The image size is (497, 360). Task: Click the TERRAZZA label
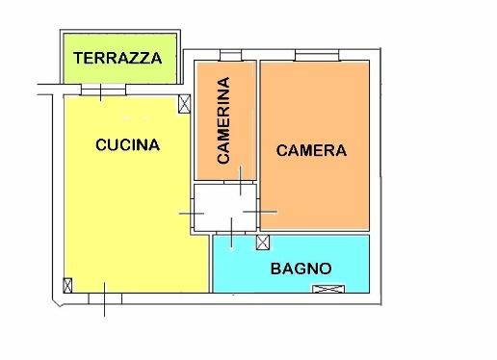118,58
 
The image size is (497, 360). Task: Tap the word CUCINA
127,145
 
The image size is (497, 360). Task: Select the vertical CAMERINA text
223,120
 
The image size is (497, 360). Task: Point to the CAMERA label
311,150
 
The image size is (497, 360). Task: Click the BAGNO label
301,269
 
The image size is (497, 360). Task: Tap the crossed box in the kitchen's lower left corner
67,286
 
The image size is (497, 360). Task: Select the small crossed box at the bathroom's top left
264,241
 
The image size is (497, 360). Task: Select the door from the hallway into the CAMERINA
231,183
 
